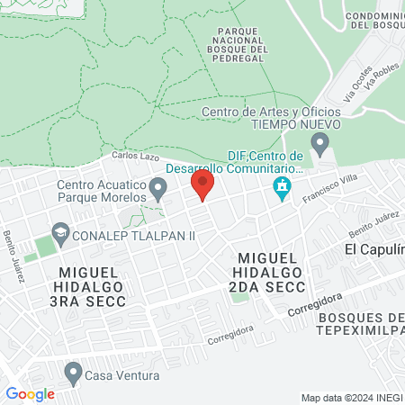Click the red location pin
tap(202, 184)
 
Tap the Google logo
tap(30, 393)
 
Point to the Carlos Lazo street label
tap(130, 157)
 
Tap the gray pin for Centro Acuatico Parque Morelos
tap(158, 189)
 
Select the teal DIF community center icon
tap(282, 189)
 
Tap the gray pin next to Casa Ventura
tap(74, 372)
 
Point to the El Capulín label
tap(374, 248)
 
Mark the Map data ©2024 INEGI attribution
tap(350, 398)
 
